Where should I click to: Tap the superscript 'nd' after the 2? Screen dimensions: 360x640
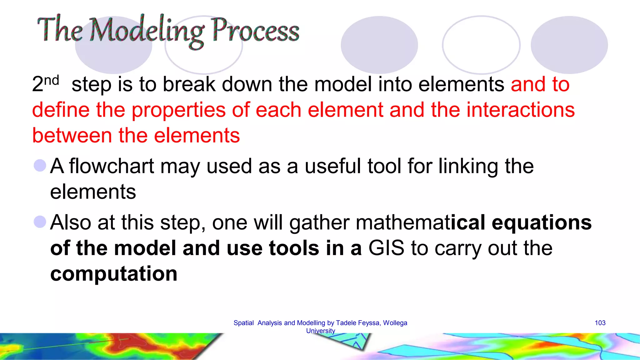tap(52, 81)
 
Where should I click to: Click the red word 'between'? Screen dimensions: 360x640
tap(72, 136)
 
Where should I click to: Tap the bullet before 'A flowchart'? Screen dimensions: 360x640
tap(40, 165)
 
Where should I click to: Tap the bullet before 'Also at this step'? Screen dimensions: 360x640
tap(40, 222)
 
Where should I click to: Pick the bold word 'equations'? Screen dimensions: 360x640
tap(542, 222)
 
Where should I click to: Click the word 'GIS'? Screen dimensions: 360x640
tap(386, 248)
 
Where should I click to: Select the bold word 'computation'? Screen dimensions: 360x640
tap(114, 274)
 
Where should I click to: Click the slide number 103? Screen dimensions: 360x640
tap(600, 323)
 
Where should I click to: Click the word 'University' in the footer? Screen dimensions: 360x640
tap(320, 331)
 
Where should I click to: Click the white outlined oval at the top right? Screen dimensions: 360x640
tap(481, 45)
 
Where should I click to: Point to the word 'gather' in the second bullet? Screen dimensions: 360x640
tap(319, 223)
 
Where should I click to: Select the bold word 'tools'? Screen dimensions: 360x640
tap(294, 248)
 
